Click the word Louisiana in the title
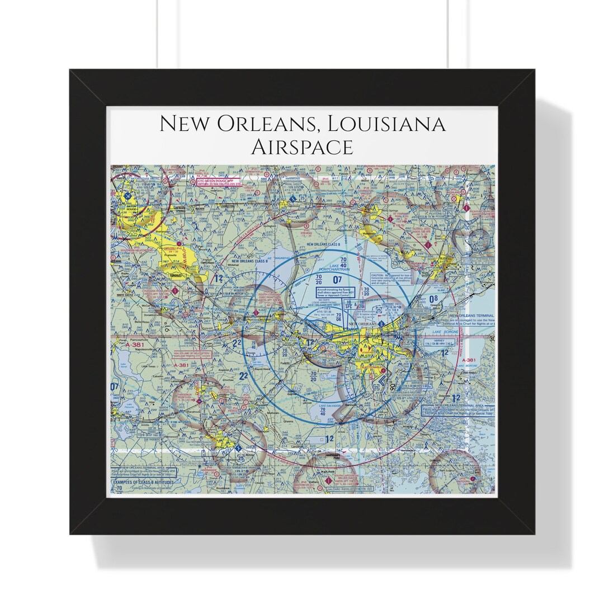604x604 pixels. click(381, 124)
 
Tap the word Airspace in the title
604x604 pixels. click(302, 147)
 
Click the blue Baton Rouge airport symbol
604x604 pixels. click(129, 196)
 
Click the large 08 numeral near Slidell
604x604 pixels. click(433, 298)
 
